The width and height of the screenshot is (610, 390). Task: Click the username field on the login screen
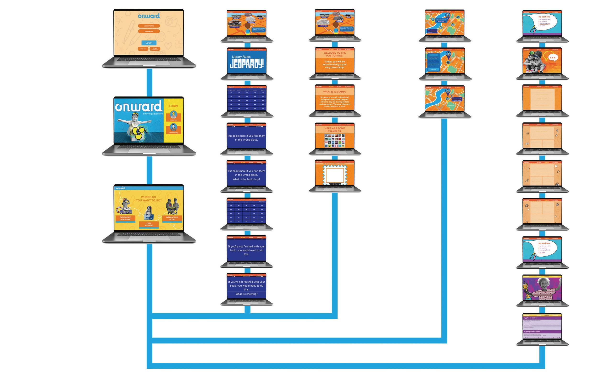pos(149,26)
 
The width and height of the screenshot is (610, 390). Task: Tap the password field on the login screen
pos(149,31)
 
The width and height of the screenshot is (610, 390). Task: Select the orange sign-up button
pos(143,49)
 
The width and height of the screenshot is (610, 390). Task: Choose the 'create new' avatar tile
pos(173,116)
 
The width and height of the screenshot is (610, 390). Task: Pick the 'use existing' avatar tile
pos(173,129)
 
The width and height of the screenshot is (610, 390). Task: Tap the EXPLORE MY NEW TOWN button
pos(125,218)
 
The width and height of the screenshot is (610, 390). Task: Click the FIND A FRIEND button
pos(149,224)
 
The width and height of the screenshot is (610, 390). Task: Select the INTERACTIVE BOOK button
pos(172,218)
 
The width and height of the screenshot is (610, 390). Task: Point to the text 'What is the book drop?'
pos(246,179)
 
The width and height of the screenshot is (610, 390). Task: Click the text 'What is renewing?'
pos(246,294)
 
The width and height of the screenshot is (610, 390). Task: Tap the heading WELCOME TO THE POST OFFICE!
pos(335,54)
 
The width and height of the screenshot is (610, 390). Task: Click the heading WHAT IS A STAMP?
pos(335,92)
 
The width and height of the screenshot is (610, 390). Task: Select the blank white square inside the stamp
pos(335,175)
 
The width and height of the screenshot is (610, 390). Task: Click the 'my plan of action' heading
pos(530,318)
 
